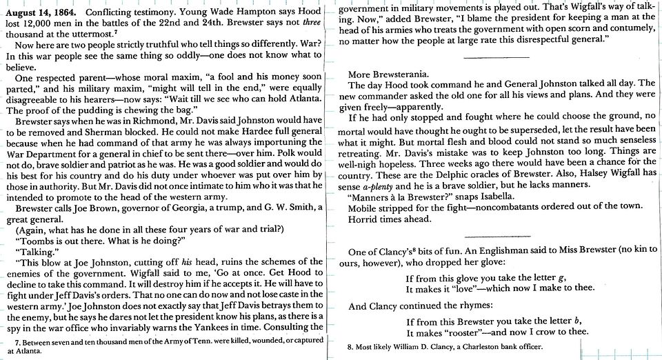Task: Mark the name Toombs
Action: (40, 239)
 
